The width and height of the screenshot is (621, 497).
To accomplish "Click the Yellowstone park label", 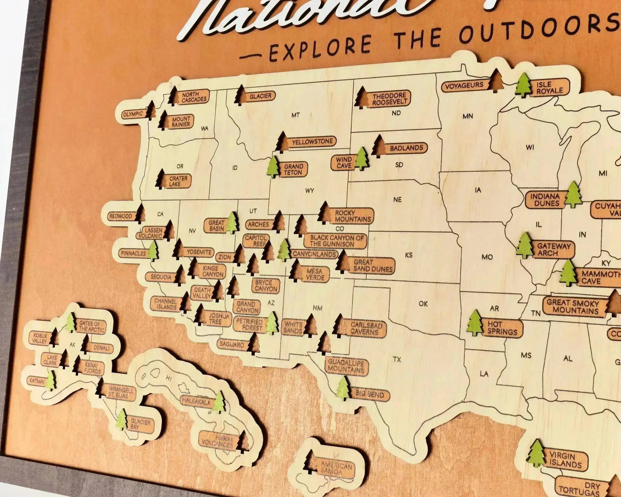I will (x=312, y=142).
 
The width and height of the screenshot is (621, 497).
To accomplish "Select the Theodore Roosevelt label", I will (x=390, y=99).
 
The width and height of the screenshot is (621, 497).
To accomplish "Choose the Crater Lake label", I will (x=178, y=181).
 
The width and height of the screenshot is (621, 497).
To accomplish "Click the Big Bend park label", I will (x=369, y=394).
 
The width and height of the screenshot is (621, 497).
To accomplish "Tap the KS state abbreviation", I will (x=408, y=255).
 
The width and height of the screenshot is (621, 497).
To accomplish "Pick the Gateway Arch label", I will (x=553, y=250).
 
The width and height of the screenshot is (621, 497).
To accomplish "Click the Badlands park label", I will (x=406, y=148).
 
